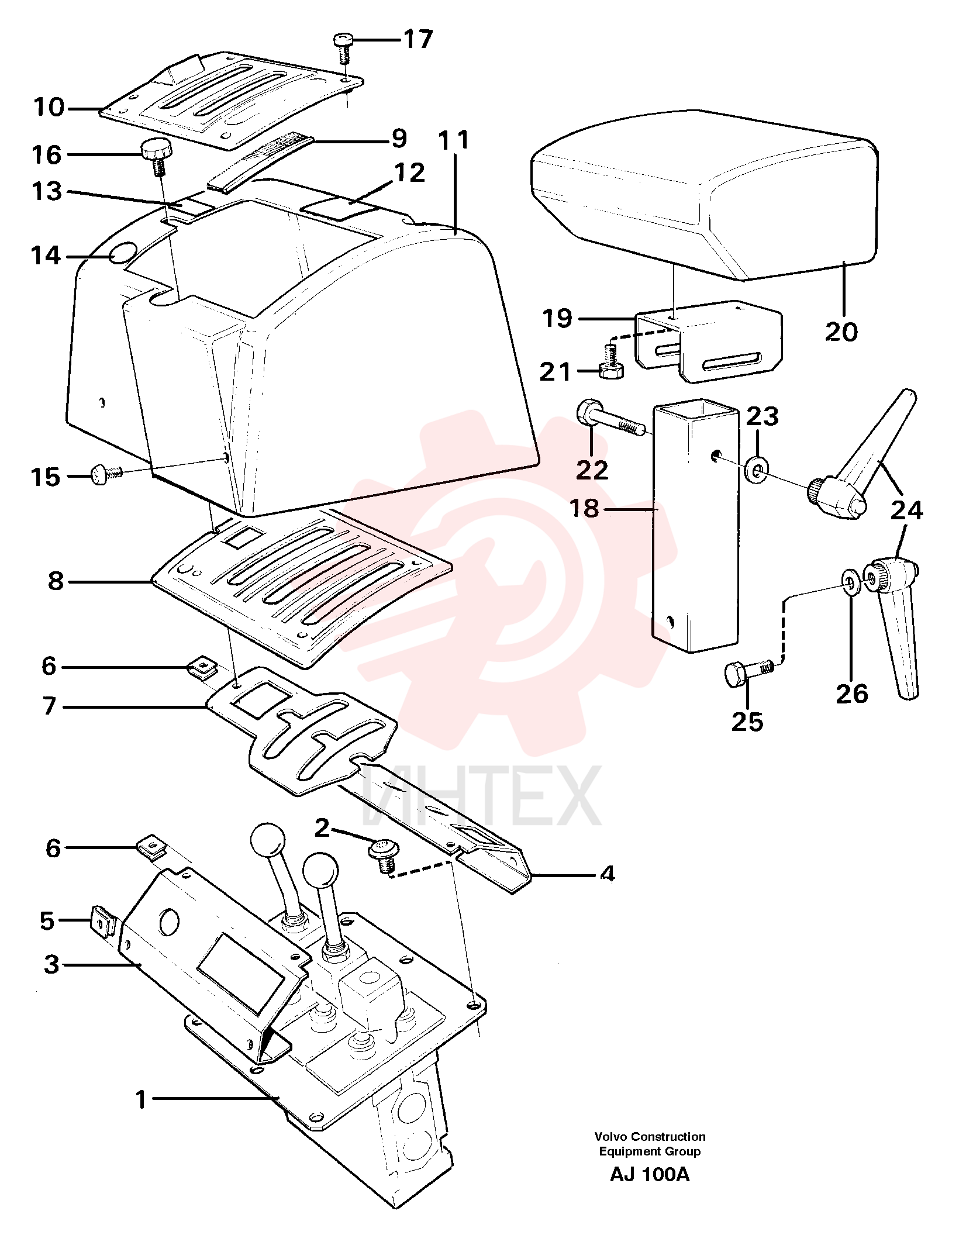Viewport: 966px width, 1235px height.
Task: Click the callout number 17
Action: coord(418,39)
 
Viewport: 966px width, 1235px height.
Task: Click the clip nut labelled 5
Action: coord(104,921)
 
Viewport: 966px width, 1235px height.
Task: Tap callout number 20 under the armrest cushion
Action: coord(841,332)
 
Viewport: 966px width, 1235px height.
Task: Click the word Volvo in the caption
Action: coord(611,1137)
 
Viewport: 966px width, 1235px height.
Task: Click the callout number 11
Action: coord(454,140)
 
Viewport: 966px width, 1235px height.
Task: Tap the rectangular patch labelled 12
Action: coord(339,208)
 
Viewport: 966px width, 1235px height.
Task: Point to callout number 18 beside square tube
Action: coord(584,509)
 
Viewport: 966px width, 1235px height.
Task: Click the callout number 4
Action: coord(608,874)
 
